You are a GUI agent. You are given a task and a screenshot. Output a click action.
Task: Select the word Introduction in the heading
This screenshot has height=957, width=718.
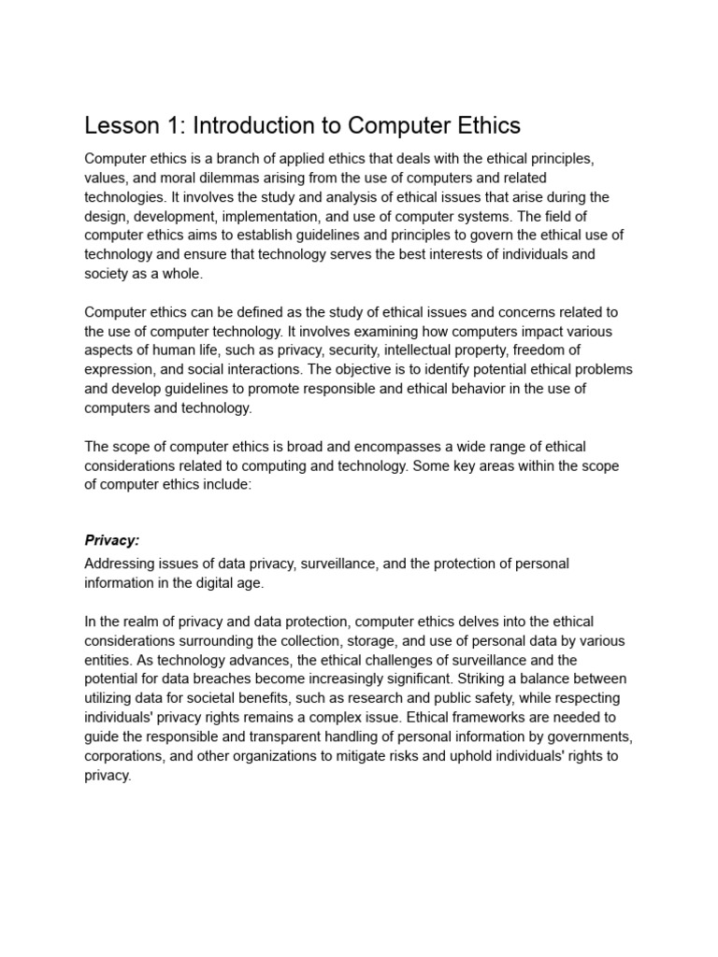point(261,125)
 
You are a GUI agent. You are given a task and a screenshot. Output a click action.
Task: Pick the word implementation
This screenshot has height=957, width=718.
point(299,215)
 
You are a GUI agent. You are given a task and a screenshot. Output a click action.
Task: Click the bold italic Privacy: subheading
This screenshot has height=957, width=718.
point(111,540)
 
